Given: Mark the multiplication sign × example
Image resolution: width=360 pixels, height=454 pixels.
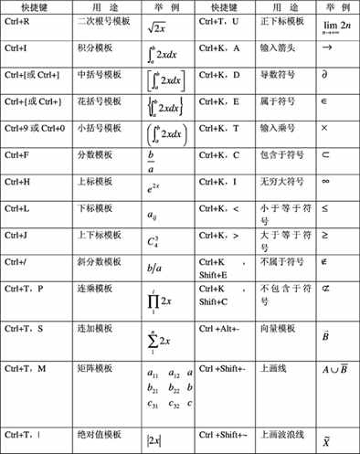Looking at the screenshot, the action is coord(326,131).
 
